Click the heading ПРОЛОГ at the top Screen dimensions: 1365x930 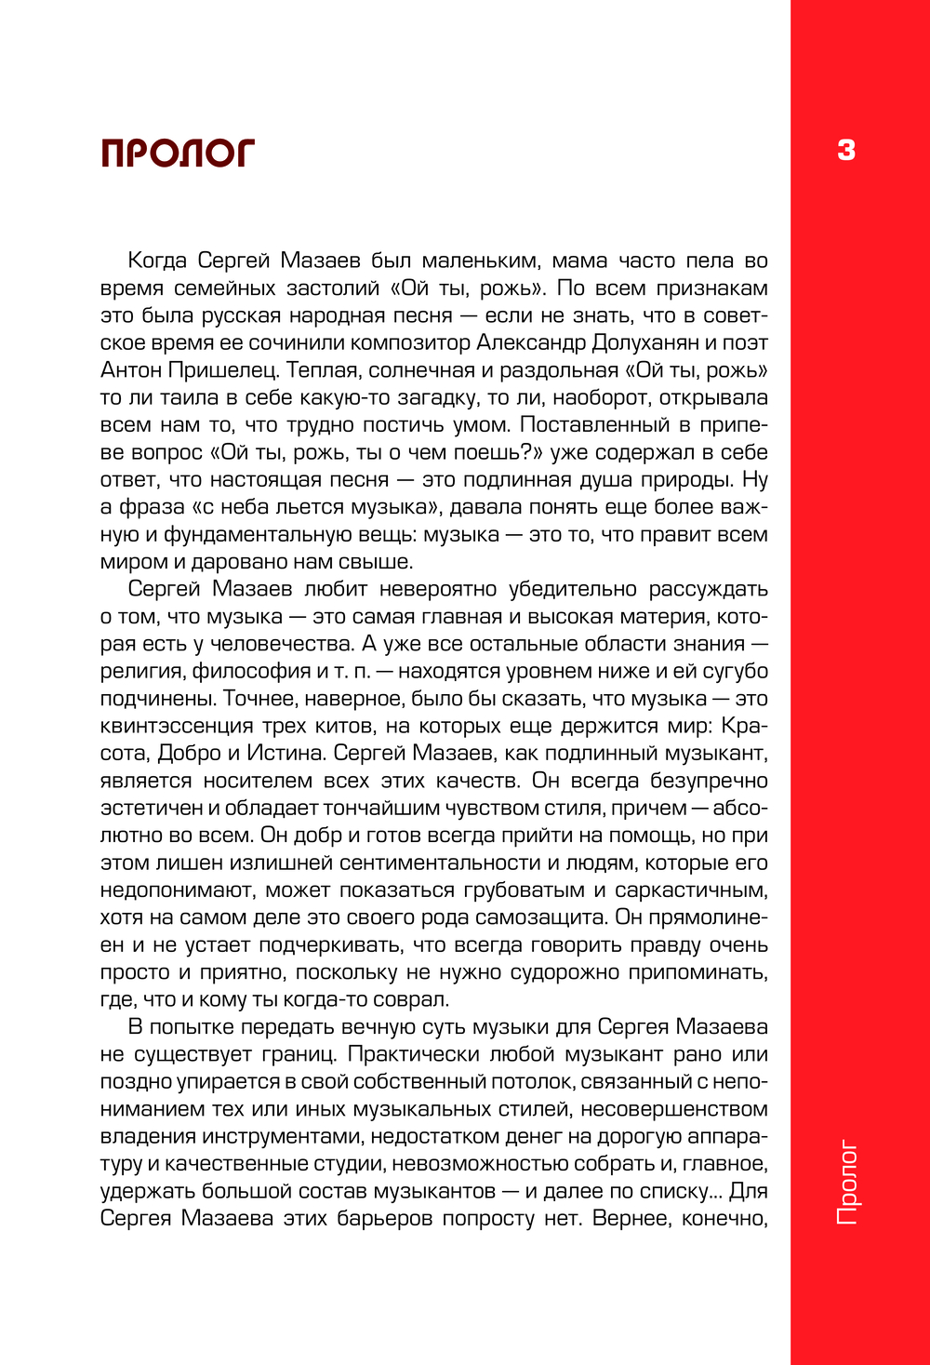178,154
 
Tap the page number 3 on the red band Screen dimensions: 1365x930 845,150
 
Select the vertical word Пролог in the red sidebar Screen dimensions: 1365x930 846,1182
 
